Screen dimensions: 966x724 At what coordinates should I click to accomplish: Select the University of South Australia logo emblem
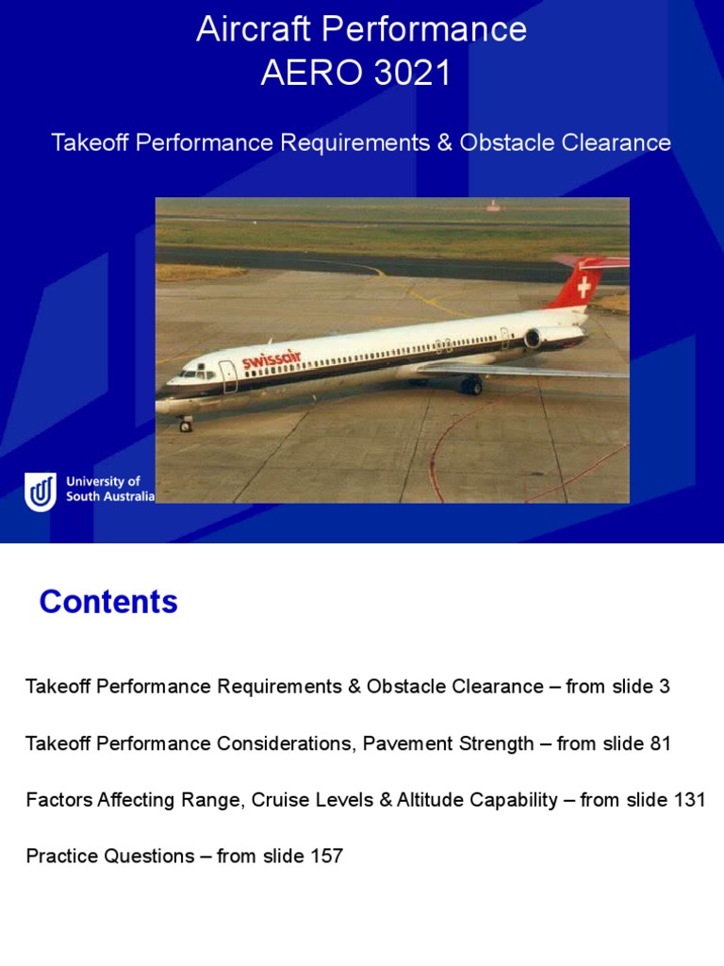[x=41, y=491]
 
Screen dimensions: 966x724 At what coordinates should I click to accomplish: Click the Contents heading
[x=108, y=602]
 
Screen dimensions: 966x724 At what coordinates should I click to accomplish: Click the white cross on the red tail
[x=584, y=286]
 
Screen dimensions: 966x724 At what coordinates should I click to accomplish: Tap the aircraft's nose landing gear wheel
[x=186, y=425]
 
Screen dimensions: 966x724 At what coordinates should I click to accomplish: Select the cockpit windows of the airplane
[x=193, y=374]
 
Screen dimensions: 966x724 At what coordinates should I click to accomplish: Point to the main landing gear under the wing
[x=471, y=385]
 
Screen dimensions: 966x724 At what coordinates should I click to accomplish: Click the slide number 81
[x=659, y=743]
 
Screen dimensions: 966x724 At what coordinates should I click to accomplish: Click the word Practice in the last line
[x=61, y=857]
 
